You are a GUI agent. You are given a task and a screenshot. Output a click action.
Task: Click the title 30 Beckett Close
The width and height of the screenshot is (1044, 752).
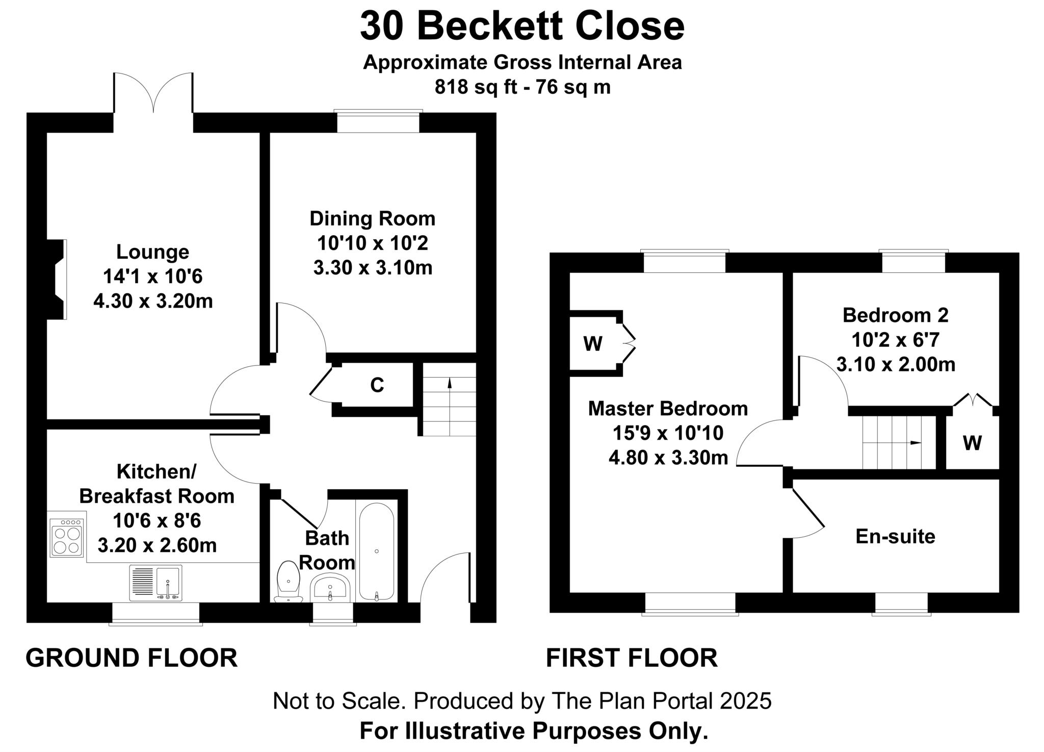[x=522, y=27]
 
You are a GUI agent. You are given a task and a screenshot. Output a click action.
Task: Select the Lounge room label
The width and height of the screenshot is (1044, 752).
[x=152, y=252]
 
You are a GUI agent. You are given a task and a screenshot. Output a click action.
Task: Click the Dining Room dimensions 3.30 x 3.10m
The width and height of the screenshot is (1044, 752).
[x=373, y=267]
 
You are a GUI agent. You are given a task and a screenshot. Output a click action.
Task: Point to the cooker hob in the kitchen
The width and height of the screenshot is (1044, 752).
[x=67, y=538]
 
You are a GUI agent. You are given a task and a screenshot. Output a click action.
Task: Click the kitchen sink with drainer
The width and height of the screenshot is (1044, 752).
[x=155, y=583]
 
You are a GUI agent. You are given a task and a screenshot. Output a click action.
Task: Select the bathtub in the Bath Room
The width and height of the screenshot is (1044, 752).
[x=376, y=551]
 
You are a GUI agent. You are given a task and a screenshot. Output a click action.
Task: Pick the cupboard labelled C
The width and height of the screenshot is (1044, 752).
[x=377, y=385]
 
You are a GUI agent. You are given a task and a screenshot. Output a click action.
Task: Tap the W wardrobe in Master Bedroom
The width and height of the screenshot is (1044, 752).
[x=593, y=343]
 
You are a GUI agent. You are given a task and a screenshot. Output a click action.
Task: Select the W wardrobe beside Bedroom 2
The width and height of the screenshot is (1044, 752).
[x=972, y=442]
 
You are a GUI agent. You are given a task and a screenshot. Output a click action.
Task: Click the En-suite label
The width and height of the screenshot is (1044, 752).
[x=895, y=536]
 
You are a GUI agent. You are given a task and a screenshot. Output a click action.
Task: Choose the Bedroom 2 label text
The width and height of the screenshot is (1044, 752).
[x=895, y=315]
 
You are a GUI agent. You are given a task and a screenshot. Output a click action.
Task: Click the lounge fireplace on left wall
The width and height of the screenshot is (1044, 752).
[x=57, y=279]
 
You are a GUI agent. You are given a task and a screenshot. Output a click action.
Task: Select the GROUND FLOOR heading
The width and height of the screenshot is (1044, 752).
[x=132, y=658]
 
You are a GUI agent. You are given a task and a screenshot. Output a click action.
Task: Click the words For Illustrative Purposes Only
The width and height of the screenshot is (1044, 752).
[x=534, y=731]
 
